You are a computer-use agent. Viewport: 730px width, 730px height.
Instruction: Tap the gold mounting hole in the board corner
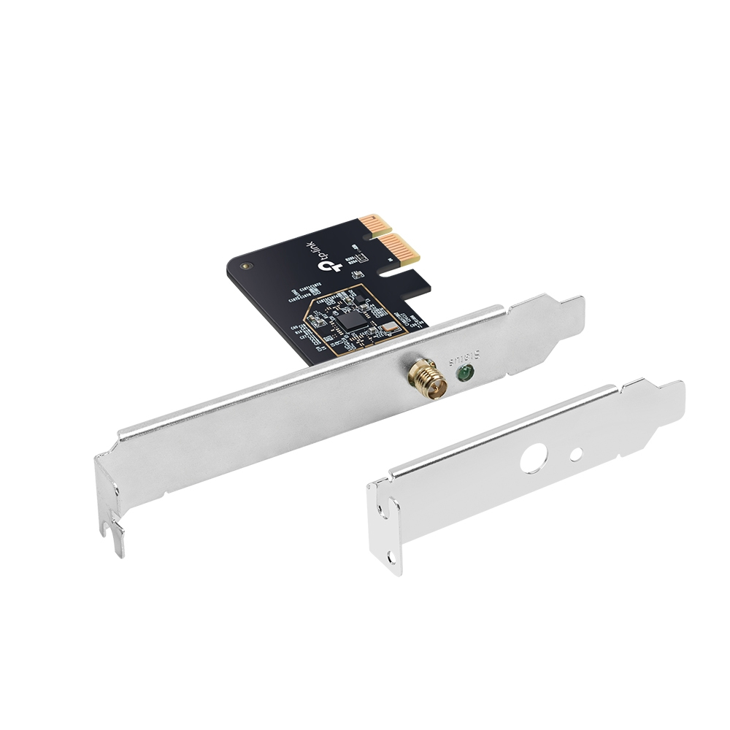click(x=245, y=267)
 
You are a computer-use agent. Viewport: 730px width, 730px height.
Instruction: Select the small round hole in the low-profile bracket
click(x=576, y=454)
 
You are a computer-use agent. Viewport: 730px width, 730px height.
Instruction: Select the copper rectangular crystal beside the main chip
click(x=389, y=327)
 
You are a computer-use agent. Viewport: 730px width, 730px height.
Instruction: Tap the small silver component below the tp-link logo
click(x=357, y=274)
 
